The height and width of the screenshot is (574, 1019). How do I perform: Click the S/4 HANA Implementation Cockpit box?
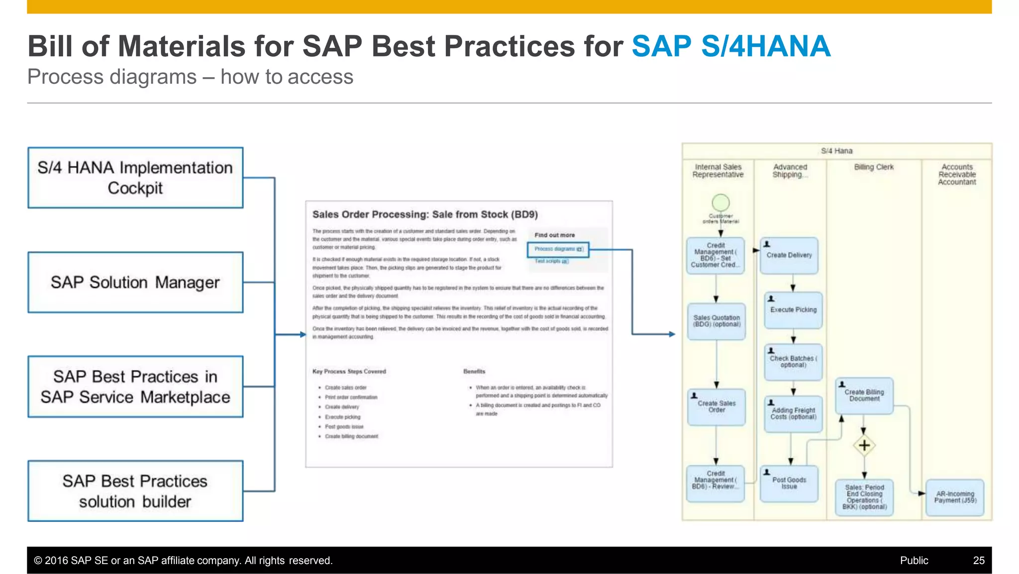point(135,178)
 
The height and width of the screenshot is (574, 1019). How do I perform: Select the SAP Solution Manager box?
point(135,282)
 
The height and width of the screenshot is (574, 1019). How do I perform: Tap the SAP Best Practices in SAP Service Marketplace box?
point(135,387)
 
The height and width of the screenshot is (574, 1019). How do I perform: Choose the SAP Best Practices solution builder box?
point(135,491)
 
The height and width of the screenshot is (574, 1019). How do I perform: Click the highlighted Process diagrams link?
point(557,249)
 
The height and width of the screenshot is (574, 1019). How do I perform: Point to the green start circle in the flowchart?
point(720,203)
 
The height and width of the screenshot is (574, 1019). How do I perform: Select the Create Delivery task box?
point(789,255)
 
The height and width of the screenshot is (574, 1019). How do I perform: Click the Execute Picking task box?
point(793,310)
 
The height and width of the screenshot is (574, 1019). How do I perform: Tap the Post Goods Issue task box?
point(789,483)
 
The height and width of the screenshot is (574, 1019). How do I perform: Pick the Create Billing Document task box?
point(864,396)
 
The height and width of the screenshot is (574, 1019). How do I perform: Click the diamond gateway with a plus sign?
point(864,445)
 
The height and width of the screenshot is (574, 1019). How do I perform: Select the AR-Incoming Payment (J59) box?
point(955,497)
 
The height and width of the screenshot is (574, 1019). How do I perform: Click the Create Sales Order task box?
point(716,407)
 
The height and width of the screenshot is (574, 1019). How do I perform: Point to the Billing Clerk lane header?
point(874,167)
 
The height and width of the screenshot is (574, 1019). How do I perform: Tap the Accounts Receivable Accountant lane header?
point(957,174)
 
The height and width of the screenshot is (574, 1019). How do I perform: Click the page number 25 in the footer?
point(978,561)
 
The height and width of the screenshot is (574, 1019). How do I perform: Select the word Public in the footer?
point(914,561)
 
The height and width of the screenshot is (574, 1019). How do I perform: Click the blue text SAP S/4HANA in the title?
point(731,46)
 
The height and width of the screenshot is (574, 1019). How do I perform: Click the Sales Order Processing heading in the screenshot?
point(424,215)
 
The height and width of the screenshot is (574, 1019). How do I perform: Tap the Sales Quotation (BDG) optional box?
point(716,321)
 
